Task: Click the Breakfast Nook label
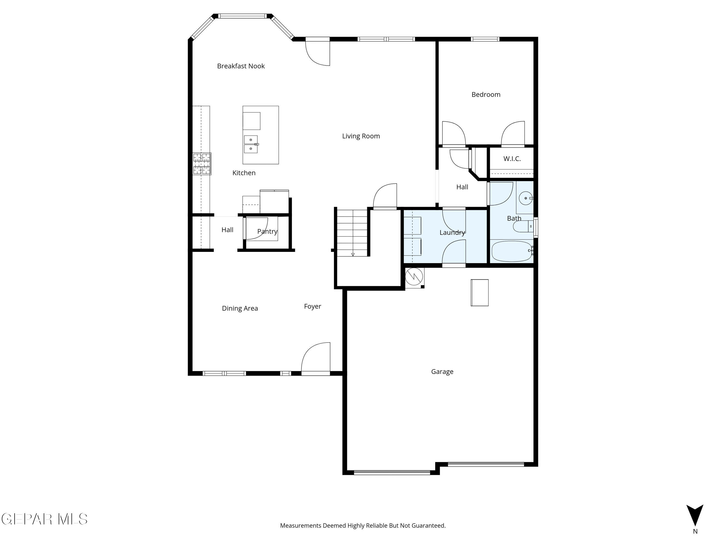coord(241,66)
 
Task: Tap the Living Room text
coord(361,136)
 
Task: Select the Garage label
coord(442,372)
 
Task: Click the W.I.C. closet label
coord(512,159)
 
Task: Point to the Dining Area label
coord(240,308)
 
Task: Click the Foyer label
coord(312,306)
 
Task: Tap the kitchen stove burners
coord(201,164)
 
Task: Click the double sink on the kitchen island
coord(251,144)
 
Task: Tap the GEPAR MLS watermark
coord(44,519)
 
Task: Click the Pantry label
coord(267,231)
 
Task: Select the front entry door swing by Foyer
coord(316,358)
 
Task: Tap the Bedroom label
coord(485,95)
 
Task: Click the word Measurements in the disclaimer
coord(300,526)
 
